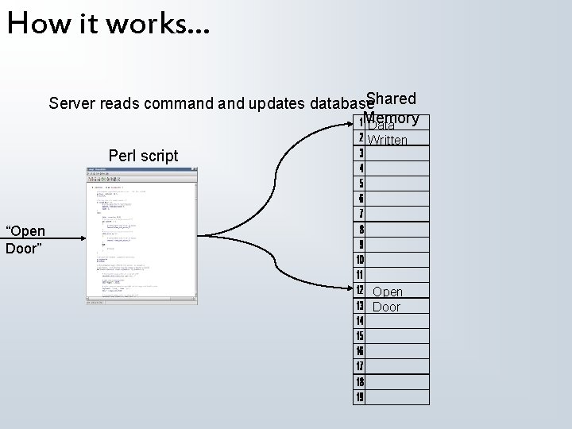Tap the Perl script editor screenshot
pyautogui.click(x=142, y=236)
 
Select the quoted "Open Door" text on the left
pyautogui.click(x=25, y=239)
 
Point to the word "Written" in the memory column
pyautogui.click(x=388, y=141)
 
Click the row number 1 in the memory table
pyautogui.click(x=361, y=122)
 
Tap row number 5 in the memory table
pyautogui.click(x=361, y=183)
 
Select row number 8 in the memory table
pyautogui.click(x=361, y=229)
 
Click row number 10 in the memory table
pyautogui.click(x=361, y=260)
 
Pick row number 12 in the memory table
pyautogui.click(x=361, y=291)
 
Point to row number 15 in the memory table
pyautogui.click(x=361, y=336)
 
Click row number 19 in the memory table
pyautogui.click(x=361, y=396)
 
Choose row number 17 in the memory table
pyautogui.click(x=361, y=366)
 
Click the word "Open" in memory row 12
pyautogui.click(x=388, y=292)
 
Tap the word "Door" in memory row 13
pyautogui.click(x=387, y=307)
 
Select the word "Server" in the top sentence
pyautogui.click(x=71, y=103)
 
